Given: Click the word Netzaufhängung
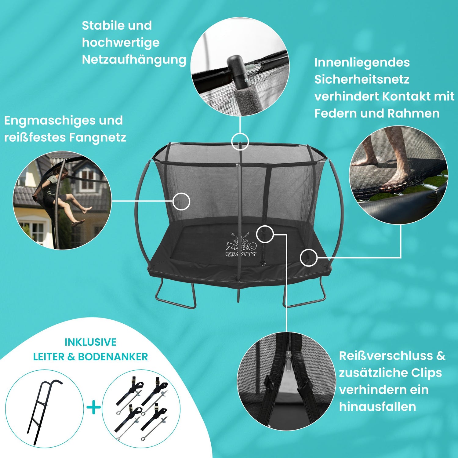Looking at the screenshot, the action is (x=134, y=60).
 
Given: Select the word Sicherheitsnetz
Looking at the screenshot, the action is (x=362, y=79).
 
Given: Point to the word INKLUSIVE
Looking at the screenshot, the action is (x=90, y=342).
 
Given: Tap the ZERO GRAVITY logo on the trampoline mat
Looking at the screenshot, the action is (x=241, y=245).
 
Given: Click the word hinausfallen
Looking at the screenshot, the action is (x=377, y=407).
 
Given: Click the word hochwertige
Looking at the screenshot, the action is (x=121, y=43).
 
